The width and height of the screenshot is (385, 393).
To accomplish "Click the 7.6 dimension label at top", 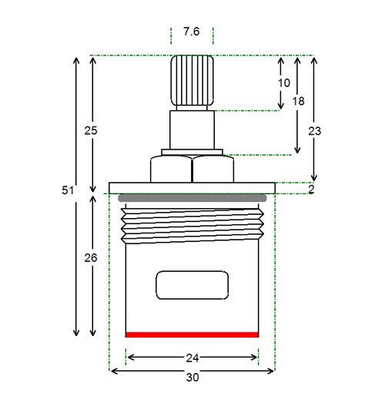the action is click(191, 32).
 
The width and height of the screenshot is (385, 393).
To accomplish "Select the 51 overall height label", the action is click(68, 190).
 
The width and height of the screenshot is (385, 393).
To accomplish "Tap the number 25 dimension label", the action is click(91, 131).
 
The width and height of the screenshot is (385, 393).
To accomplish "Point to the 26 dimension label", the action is click(91, 258).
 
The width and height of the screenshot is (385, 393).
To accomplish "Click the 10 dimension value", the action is click(284, 83).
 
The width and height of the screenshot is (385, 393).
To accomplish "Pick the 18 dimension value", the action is click(299, 102).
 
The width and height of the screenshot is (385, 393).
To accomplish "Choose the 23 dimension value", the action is click(315, 131).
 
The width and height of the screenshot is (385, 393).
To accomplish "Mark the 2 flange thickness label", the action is click(311, 190).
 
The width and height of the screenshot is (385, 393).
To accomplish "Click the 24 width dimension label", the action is click(192, 358).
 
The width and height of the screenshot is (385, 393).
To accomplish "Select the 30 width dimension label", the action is click(192, 378).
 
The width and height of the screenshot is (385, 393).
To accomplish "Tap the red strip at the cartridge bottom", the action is click(192, 334).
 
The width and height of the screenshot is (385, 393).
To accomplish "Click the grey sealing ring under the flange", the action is click(192, 198).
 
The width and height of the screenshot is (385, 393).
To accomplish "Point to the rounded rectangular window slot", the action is click(192, 285).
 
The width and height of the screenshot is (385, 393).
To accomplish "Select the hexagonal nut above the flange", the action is click(192, 169).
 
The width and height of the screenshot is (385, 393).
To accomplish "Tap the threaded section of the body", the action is click(192, 226).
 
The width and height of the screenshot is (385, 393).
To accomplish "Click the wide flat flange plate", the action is click(192, 188).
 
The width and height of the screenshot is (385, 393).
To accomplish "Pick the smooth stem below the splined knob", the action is click(192, 129).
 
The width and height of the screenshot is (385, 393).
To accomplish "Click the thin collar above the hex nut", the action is click(192, 152).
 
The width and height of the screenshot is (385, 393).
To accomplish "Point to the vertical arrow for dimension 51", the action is click(76, 197).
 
